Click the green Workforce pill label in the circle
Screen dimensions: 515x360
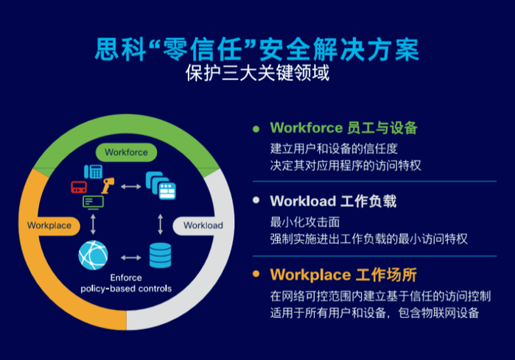[126, 152]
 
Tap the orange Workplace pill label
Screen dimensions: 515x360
[50, 226]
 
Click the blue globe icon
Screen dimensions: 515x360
[93, 255]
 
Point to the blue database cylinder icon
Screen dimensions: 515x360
[161, 255]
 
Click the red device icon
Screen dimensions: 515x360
[79, 187]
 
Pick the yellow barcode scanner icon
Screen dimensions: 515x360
[108, 186]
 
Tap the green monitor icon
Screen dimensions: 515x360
[94, 202]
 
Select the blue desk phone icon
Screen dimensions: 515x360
[94, 172]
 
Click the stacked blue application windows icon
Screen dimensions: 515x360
[161, 186]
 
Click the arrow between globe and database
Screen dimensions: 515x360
[130, 258]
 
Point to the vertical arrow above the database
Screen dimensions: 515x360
[161, 224]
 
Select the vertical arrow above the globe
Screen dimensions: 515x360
[93, 224]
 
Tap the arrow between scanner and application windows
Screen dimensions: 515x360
[130, 187]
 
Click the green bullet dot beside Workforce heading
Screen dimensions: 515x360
[256, 129]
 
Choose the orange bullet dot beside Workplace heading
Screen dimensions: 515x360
[256, 274]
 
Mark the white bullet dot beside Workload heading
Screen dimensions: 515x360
[256, 200]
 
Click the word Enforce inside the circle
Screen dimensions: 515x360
[126, 278]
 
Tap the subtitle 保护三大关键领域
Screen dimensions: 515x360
[258, 73]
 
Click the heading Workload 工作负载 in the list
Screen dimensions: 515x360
[333, 201]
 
